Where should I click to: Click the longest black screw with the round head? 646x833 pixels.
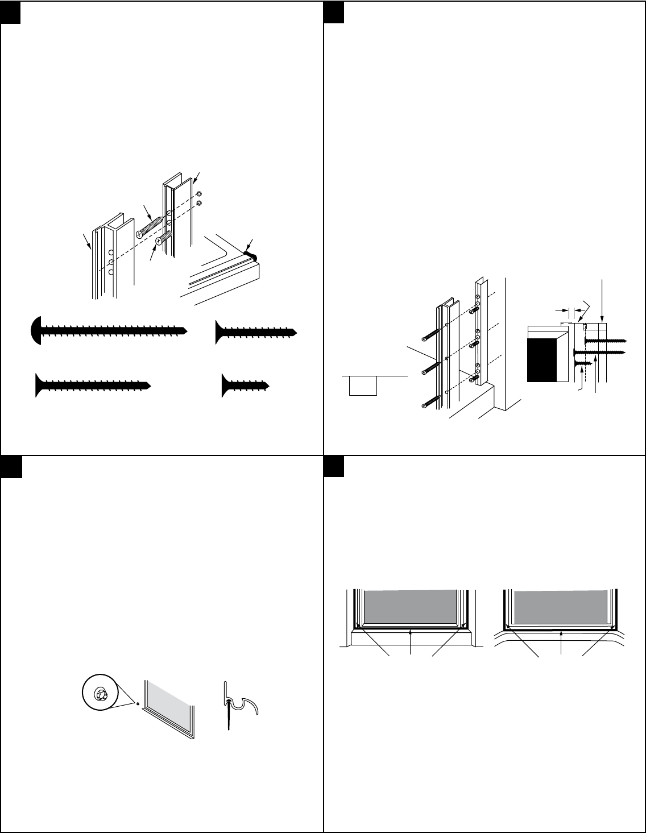108,329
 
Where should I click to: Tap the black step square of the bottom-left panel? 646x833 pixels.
11,467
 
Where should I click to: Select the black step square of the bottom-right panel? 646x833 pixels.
334,467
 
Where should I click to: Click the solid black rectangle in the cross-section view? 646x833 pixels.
542,359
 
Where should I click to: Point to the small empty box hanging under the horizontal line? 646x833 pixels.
362,386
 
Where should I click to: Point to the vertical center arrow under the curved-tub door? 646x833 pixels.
561,643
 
